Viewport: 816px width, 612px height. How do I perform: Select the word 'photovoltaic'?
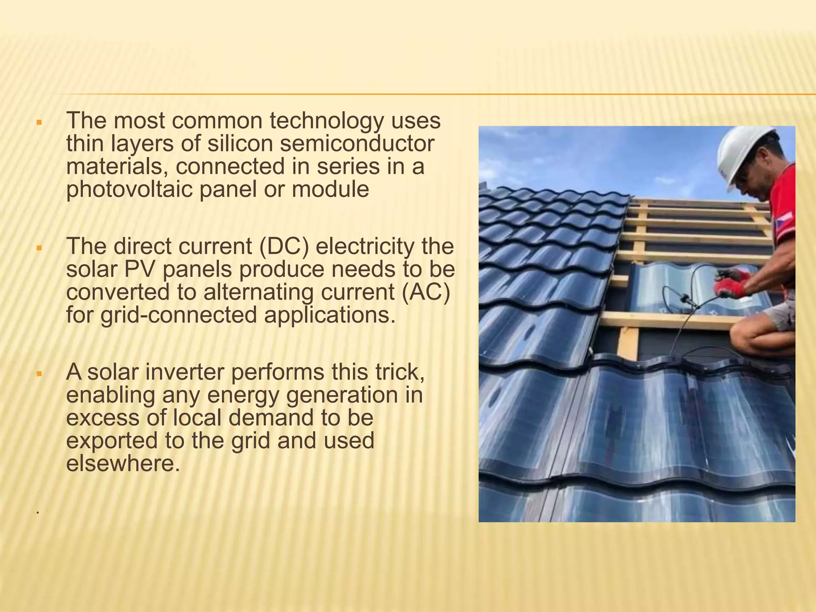pyautogui.click(x=129, y=190)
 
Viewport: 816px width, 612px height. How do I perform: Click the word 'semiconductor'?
pyautogui.click(x=357, y=144)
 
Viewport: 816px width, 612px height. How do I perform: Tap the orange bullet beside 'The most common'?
pyautogui.click(x=39, y=122)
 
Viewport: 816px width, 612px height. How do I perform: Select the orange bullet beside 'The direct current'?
pyautogui.click(x=39, y=248)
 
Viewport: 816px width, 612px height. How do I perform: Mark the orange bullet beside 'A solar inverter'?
pyautogui.click(x=39, y=374)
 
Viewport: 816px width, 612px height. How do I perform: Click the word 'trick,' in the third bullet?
pyautogui.click(x=398, y=372)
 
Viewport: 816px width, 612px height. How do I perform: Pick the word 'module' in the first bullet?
pyautogui.click(x=330, y=190)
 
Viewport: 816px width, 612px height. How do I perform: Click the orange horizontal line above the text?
pyautogui.click(x=438, y=94)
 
